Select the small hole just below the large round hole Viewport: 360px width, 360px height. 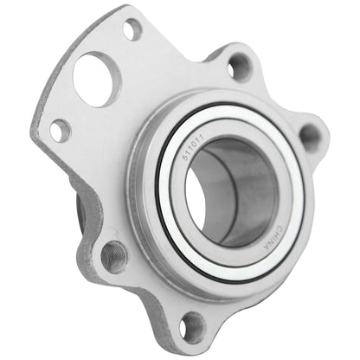(60, 131)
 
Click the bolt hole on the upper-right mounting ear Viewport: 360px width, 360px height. (240, 66)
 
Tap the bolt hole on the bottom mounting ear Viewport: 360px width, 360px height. (192, 325)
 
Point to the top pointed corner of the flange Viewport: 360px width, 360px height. (130, 8)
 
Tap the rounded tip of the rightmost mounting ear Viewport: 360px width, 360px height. (326, 137)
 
